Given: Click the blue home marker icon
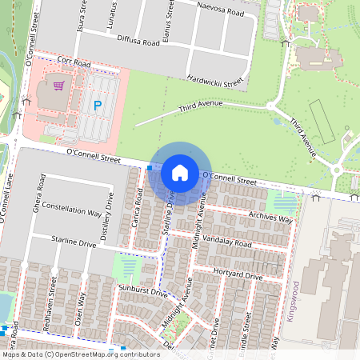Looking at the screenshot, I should pos(180,172).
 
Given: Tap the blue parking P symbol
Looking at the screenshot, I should pos(98,105).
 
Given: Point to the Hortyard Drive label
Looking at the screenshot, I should pos(238,275).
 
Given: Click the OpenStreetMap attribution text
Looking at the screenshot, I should pos(80,354).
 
